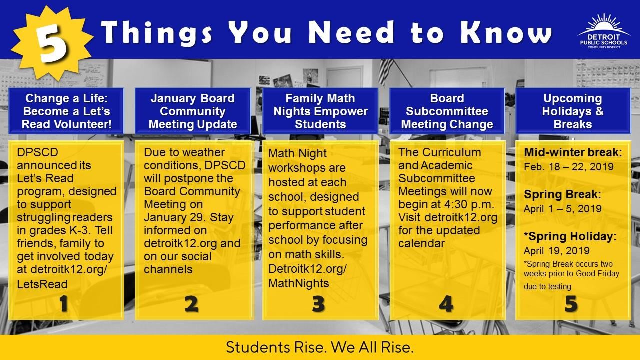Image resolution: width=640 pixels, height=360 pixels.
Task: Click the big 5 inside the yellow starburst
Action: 52,43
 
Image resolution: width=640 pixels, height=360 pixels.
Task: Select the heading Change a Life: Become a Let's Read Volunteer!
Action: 66,111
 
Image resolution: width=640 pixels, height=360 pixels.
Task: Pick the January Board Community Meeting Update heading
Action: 193,111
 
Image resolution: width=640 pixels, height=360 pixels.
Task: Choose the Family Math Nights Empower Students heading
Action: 320,111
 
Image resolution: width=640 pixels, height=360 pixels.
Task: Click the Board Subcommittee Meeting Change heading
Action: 447,111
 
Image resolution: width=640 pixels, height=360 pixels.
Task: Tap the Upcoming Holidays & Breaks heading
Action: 573,111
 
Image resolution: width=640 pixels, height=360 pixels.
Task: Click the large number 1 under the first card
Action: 63,304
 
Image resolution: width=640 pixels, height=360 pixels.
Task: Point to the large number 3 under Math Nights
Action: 318,304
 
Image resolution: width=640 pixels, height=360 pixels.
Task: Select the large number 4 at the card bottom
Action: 446,304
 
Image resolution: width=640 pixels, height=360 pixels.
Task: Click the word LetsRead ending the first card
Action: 42,284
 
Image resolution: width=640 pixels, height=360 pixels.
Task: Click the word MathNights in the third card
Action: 299,283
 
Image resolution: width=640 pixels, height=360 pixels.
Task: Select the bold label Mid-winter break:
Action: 573,153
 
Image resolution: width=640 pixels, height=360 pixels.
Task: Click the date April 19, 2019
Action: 557,251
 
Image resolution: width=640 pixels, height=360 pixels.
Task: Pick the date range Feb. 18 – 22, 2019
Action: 569,167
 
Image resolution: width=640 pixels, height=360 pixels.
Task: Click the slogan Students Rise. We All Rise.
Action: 320,347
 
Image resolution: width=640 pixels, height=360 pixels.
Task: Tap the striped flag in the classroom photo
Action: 386,71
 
